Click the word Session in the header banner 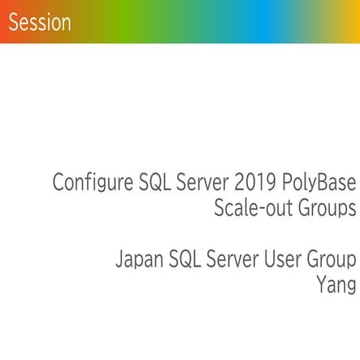[x=40, y=23]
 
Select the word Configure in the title [x=88, y=182]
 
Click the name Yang [x=336, y=286]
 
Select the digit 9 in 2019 [x=268, y=182]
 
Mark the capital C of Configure [x=59, y=182]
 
